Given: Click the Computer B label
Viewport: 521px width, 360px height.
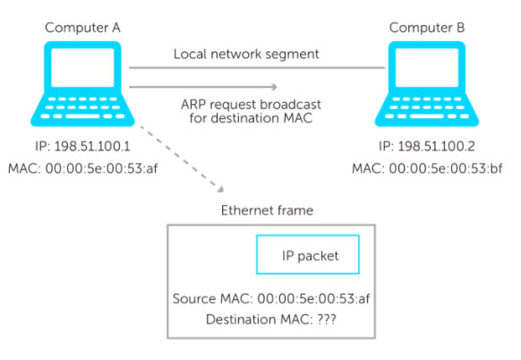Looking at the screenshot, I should tap(426, 28).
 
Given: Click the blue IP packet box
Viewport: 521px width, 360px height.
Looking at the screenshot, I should tap(307, 255).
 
